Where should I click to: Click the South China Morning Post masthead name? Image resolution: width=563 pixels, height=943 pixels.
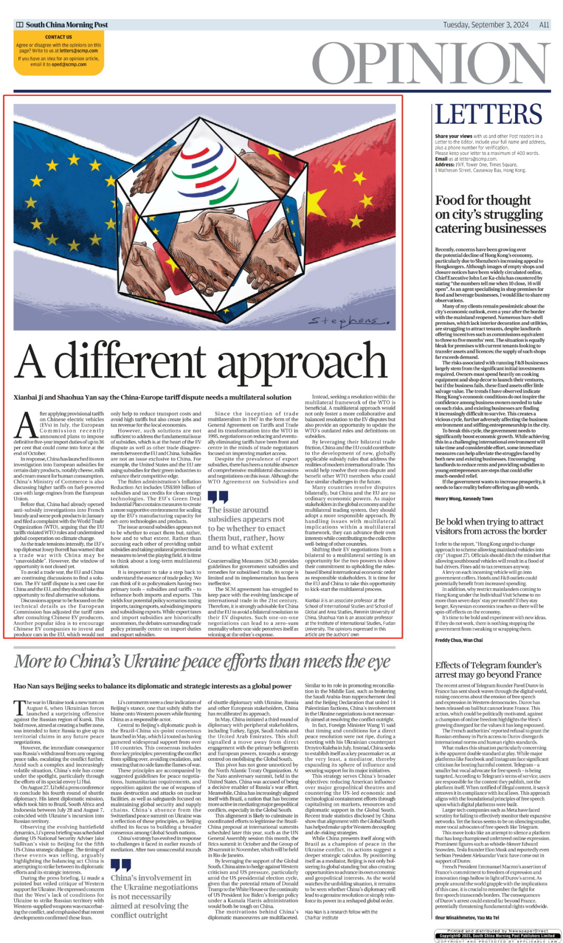(67, 25)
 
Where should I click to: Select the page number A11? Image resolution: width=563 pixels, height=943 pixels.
(544, 25)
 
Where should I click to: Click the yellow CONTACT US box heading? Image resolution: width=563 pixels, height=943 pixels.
(58, 37)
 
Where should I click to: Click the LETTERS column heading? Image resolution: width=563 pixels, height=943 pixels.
(488, 114)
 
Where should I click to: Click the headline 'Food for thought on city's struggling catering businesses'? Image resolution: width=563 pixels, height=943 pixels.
(490, 214)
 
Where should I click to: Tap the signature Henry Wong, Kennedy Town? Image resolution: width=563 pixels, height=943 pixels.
(464, 499)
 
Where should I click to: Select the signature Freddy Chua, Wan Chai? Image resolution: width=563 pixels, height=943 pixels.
(459, 640)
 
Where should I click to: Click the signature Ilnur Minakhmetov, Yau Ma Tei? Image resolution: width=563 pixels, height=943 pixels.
(467, 917)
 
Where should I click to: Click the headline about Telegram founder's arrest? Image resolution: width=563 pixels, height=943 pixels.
(488, 670)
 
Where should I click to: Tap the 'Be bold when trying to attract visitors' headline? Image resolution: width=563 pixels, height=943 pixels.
(491, 526)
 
